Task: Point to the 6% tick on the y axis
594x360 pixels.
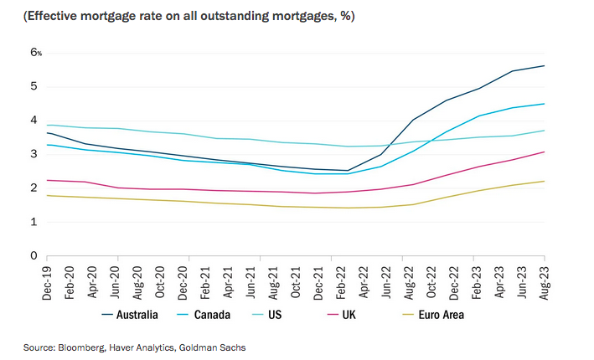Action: [36, 52]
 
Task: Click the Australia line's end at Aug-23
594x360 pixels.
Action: [545, 65]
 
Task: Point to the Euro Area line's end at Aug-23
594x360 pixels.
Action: [545, 181]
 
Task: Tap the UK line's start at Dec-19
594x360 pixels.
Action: [47, 180]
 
